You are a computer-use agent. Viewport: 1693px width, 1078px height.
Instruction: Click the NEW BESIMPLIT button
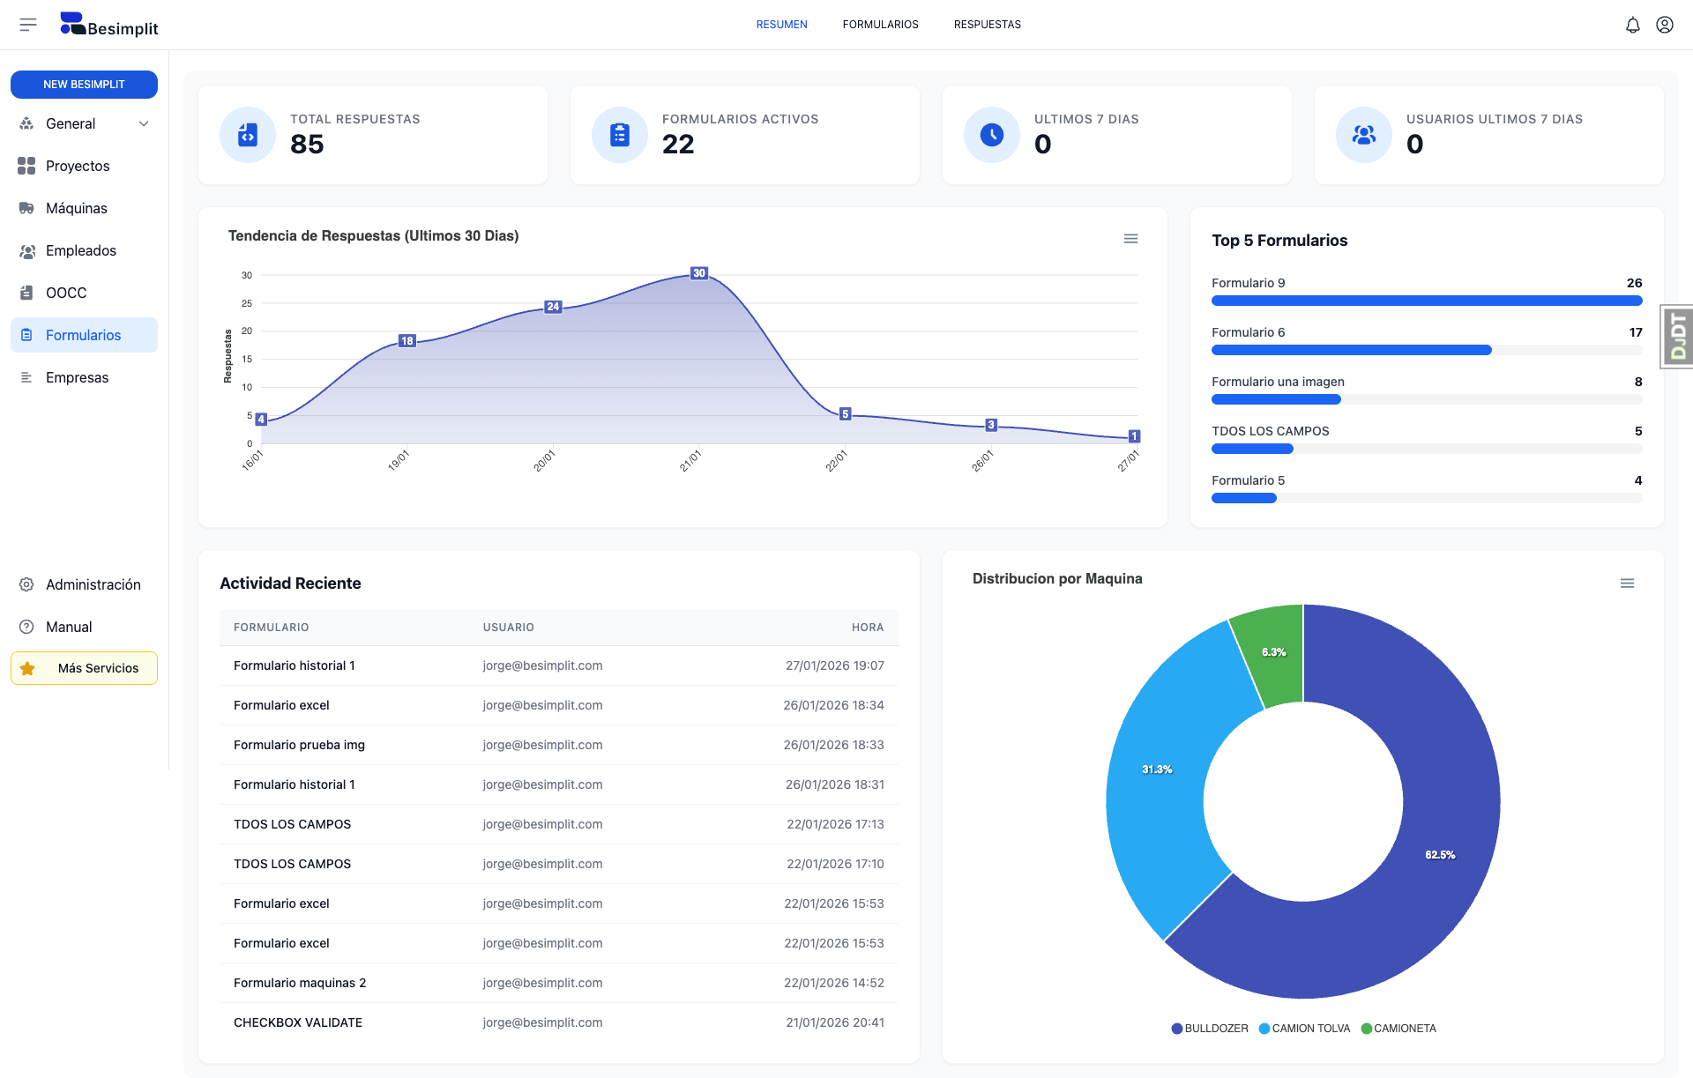[x=84, y=85]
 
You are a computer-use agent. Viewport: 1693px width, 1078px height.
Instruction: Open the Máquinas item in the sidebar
[x=76, y=208]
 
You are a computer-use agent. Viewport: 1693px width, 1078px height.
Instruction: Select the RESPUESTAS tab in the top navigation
[x=987, y=25]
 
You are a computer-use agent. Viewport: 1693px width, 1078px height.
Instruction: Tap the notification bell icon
[x=1632, y=25]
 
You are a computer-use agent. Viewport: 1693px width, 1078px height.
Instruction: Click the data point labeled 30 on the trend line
[x=699, y=273]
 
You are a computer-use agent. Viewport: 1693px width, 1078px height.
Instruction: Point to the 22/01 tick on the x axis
[x=836, y=460]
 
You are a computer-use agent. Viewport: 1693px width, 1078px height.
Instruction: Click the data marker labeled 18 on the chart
[x=406, y=341]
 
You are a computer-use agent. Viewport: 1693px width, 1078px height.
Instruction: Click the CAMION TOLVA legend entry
[x=1305, y=1029]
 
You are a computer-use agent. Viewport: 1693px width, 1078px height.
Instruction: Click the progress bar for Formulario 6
[x=1351, y=350]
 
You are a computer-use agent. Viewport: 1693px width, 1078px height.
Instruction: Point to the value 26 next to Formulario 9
[x=1634, y=283]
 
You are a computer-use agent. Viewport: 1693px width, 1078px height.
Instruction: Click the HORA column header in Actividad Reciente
[x=867, y=628]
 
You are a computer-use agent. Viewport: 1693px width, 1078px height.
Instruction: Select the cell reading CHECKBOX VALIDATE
[x=298, y=1022]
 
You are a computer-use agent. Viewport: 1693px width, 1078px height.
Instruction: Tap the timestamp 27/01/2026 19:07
[x=834, y=665]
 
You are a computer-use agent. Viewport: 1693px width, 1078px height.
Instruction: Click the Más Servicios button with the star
[x=84, y=668]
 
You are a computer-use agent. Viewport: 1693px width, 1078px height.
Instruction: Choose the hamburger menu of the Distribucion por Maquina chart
[x=1627, y=584]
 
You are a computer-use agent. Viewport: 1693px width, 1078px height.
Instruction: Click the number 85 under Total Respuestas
[x=307, y=144]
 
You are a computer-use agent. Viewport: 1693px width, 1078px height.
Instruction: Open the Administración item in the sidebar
[x=93, y=584]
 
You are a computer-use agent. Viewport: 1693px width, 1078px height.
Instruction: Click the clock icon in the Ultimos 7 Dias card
[x=991, y=135]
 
